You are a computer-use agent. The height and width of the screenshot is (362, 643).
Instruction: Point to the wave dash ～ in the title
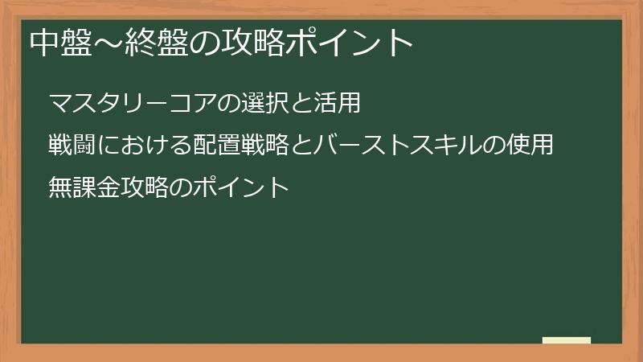click(104, 43)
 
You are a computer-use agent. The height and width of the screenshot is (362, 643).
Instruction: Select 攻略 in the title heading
click(244, 43)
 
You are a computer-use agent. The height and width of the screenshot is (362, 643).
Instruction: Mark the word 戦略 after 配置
click(265, 146)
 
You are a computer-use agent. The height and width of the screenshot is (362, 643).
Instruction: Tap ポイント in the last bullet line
click(241, 187)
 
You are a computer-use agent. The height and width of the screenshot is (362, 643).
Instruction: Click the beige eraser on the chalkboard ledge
click(567, 340)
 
